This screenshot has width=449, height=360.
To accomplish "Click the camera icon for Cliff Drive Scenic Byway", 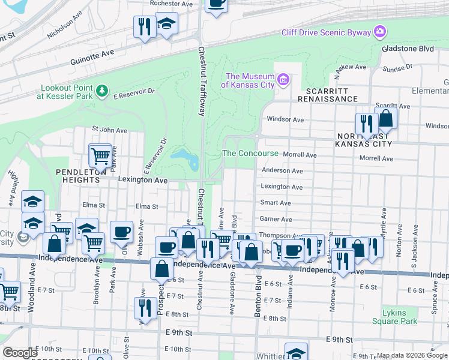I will pyautogui.click(x=379, y=31).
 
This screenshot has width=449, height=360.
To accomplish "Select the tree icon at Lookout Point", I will pyautogui.click(x=102, y=90).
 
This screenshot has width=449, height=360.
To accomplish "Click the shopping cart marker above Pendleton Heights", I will pyautogui.click(x=100, y=156).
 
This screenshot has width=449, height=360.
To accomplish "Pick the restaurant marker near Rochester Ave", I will pyautogui.click(x=145, y=26).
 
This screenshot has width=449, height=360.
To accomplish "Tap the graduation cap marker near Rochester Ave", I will pyautogui.click(x=166, y=24).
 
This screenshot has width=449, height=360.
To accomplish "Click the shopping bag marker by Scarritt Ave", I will pyautogui.click(x=385, y=119).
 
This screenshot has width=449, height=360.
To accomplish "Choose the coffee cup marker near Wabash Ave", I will pyautogui.click(x=121, y=232).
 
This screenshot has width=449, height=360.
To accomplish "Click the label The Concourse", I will pyautogui.click(x=250, y=153).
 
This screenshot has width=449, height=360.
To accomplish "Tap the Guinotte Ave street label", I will pyautogui.click(x=92, y=53).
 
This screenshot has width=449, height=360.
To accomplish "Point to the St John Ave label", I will pyautogui.click(x=109, y=130).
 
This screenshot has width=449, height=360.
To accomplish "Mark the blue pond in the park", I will pyautogui.click(x=185, y=158).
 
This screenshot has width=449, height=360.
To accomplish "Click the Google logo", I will pyautogui.click(x=20, y=352).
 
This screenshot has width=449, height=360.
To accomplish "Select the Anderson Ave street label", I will pyautogui.click(x=282, y=170).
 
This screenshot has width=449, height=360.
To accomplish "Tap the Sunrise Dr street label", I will pyautogui.click(x=394, y=69).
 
